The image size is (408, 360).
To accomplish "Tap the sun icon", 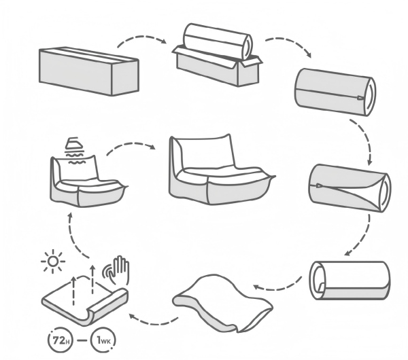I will pos(51,261).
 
